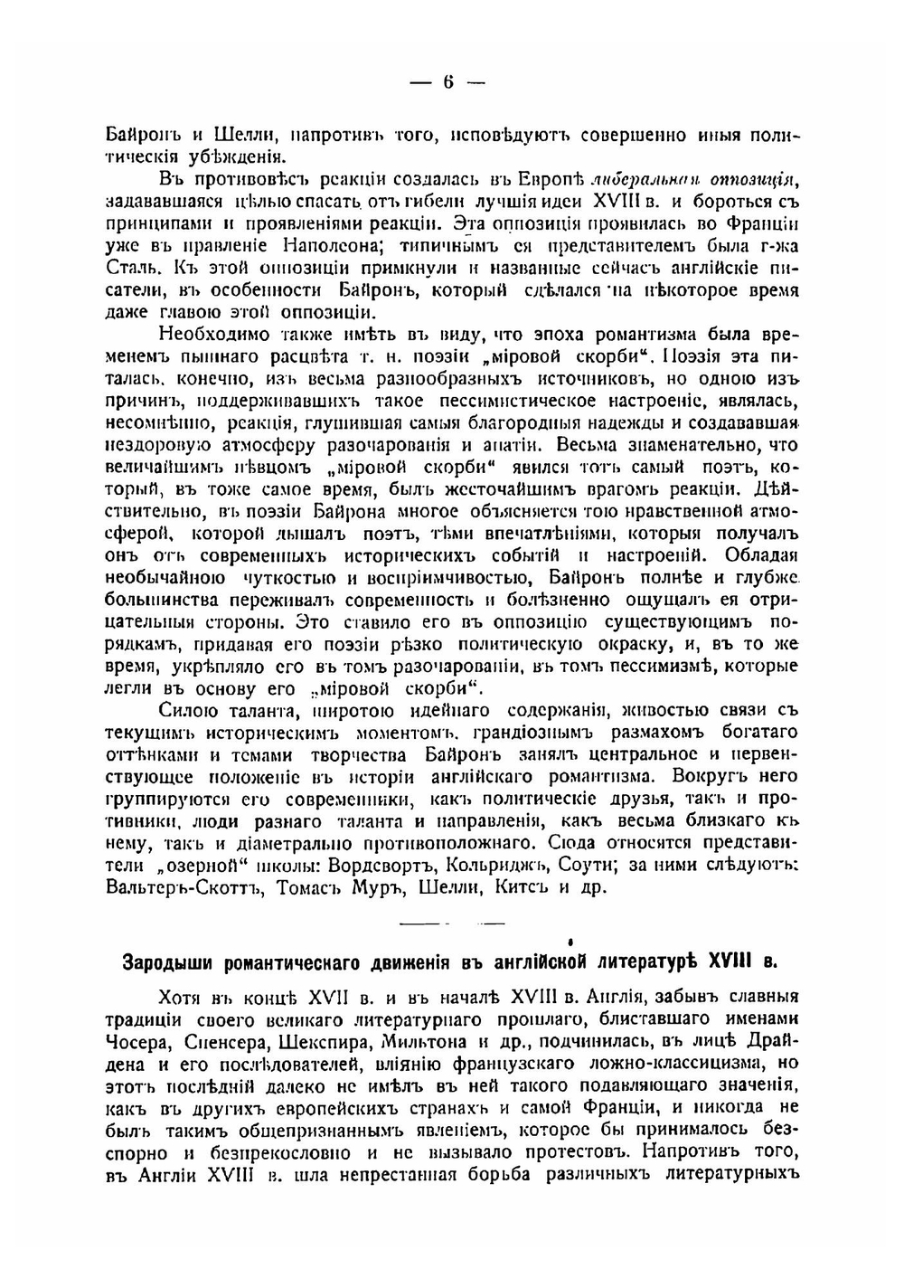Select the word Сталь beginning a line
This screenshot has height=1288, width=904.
[x=132, y=268]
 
